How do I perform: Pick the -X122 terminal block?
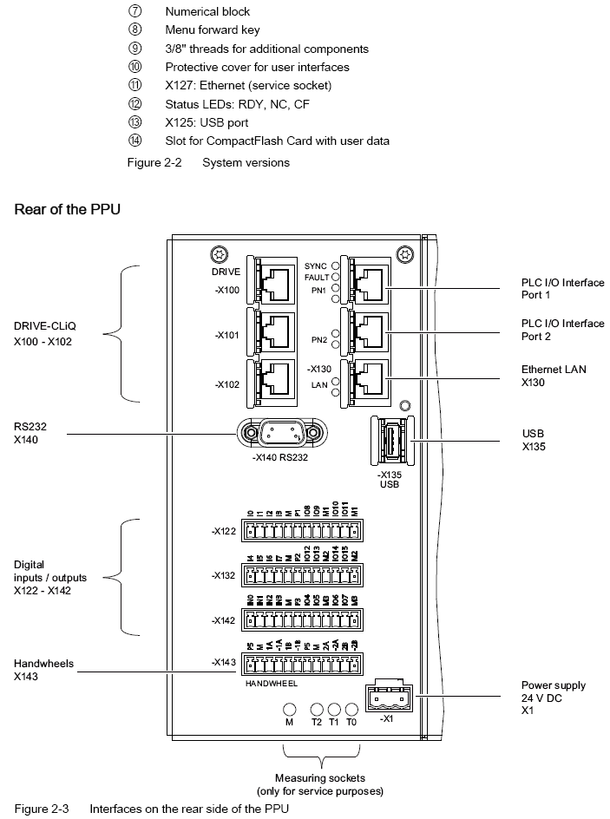point(299,532)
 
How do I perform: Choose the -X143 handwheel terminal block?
point(299,665)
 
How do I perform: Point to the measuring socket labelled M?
point(289,709)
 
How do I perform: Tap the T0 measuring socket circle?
point(351,709)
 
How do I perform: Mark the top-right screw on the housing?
point(402,254)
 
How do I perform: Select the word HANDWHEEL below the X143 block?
point(272,684)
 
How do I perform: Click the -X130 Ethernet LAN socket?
point(365,379)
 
